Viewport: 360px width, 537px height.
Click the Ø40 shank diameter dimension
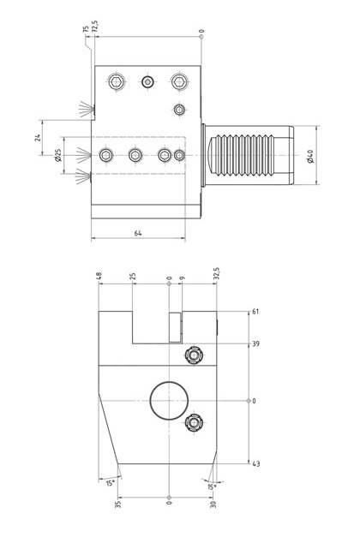310,156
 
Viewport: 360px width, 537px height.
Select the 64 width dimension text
138,233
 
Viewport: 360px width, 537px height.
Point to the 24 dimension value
38,137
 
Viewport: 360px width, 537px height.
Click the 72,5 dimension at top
95,27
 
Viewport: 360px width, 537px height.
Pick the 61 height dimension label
255,312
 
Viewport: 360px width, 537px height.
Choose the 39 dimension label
255,343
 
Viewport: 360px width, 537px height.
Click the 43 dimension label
255,464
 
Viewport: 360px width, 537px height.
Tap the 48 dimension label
99,276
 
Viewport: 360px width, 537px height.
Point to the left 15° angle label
111,483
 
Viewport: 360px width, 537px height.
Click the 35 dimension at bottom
118,504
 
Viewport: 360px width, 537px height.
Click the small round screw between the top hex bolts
147,82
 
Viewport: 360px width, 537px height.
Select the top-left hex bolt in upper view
117,82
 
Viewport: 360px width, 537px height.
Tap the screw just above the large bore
194,355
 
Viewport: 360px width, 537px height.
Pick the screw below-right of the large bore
194,423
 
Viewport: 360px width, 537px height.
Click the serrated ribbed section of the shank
243,156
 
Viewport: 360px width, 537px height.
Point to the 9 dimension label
182,277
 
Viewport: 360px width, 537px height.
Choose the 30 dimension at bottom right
213,504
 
